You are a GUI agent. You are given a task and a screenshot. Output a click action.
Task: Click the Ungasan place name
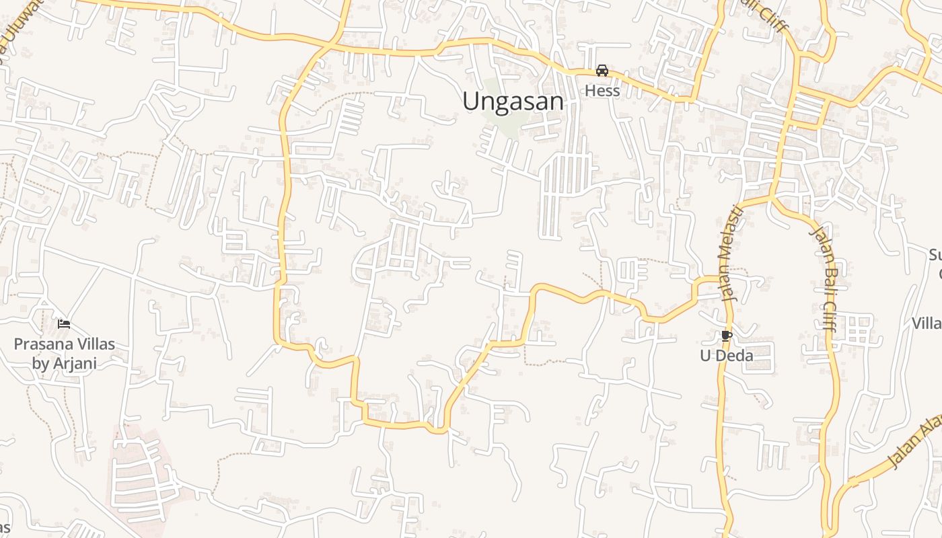click(513, 102)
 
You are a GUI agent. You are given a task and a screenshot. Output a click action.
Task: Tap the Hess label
click(602, 90)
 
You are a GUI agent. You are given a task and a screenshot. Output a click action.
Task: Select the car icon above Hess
click(602, 71)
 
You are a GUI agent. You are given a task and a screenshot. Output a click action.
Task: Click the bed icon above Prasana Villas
click(64, 324)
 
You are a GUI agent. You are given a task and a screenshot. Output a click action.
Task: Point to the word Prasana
click(43, 344)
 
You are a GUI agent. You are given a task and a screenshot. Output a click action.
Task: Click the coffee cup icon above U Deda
click(726, 336)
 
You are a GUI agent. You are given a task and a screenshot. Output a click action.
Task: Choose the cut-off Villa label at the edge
click(927, 323)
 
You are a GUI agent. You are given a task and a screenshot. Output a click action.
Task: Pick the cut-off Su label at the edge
click(935, 256)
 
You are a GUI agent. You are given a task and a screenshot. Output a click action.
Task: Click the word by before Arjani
click(40, 363)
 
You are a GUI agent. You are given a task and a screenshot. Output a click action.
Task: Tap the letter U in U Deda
click(705, 355)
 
